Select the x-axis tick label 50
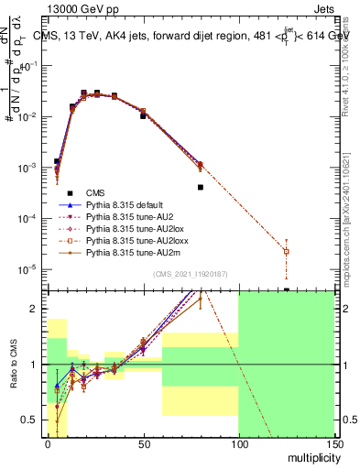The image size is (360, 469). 143,442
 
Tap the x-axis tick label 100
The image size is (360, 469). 238,442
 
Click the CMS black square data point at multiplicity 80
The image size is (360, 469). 200,187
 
